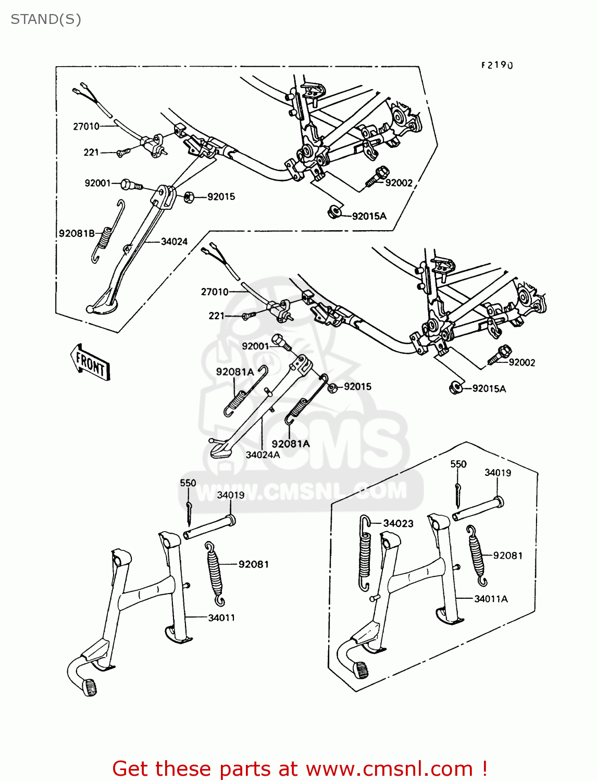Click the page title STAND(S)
[46, 19]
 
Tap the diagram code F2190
[496, 65]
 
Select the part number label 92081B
[77, 233]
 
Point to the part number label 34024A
[263, 455]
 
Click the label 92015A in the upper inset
[369, 216]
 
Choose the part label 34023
[398, 523]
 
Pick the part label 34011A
[491, 599]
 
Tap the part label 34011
[221, 618]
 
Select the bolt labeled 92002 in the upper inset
[377, 176]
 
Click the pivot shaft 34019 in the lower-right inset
[477, 509]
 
